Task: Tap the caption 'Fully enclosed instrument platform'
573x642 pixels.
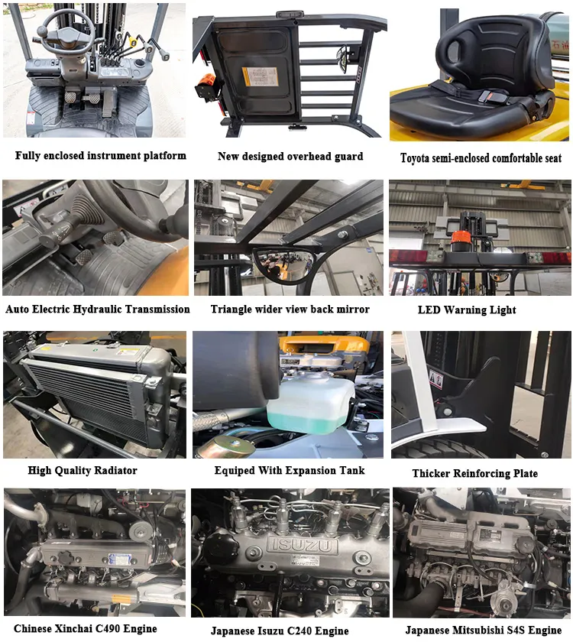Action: coord(100,155)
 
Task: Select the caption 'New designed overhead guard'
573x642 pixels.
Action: coord(290,157)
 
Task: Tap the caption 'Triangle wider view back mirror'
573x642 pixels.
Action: coord(290,310)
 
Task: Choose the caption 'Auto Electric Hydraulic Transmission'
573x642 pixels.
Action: coord(98,310)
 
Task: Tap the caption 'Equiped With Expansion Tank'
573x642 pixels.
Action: coord(290,471)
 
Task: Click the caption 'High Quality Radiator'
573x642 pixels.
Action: coord(83,471)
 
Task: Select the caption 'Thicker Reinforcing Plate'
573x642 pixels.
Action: coord(474,473)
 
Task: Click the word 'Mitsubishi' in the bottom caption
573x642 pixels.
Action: coord(478,631)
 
